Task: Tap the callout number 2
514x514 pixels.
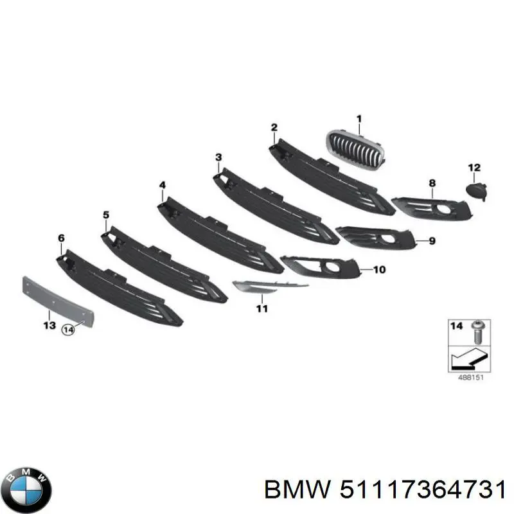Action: [274, 127]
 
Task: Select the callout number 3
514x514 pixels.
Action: [218, 157]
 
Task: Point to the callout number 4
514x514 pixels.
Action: [163, 185]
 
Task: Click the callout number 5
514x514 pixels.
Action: [106, 215]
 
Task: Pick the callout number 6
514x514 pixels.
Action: [61, 238]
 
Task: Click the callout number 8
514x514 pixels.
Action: [432, 183]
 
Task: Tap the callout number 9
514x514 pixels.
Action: [432, 242]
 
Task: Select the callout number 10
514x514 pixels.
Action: [379, 270]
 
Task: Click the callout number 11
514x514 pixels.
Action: [262, 308]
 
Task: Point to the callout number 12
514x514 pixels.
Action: [474, 168]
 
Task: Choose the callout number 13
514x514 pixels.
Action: [49, 326]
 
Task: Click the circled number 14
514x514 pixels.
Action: [68, 330]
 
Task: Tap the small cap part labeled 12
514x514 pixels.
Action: [477, 191]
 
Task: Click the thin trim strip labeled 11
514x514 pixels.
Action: [269, 286]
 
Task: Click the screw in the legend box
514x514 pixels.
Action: [477, 332]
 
